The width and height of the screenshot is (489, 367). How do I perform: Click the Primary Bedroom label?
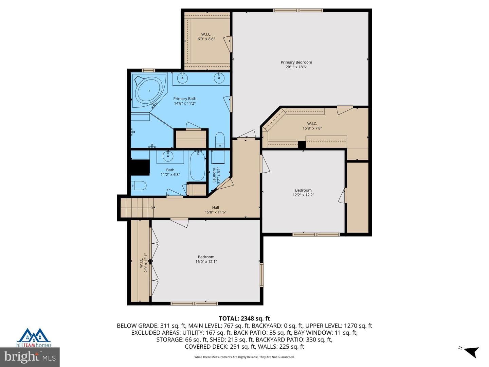point(296,62)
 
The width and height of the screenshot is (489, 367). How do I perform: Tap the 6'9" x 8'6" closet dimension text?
point(206,39)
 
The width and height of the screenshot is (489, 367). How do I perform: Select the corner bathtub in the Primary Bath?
point(149,91)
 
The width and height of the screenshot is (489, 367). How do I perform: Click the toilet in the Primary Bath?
point(220,140)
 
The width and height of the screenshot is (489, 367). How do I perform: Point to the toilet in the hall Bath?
point(138,186)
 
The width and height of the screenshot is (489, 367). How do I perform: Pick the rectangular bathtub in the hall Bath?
point(197,165)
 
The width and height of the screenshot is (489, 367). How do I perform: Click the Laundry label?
point(214,175)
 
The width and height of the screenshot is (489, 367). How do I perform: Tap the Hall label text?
point(215,207)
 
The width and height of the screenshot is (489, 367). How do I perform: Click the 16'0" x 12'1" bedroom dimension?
point(206,262)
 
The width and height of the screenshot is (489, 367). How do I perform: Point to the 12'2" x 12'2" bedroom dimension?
point(303,195)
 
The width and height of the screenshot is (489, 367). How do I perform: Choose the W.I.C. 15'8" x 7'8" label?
point(312,126)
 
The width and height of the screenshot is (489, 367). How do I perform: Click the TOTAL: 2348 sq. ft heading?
point(244,318)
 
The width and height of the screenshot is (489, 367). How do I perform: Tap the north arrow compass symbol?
point(471,352)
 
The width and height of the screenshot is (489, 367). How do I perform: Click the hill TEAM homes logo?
point(34,338)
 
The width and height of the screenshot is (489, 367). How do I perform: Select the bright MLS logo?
point(30,357)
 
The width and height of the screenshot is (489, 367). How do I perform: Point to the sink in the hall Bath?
point(168,156)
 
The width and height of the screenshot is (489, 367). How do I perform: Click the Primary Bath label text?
point(185,99)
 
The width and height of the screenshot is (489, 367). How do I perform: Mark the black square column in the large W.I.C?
point(302,144)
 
